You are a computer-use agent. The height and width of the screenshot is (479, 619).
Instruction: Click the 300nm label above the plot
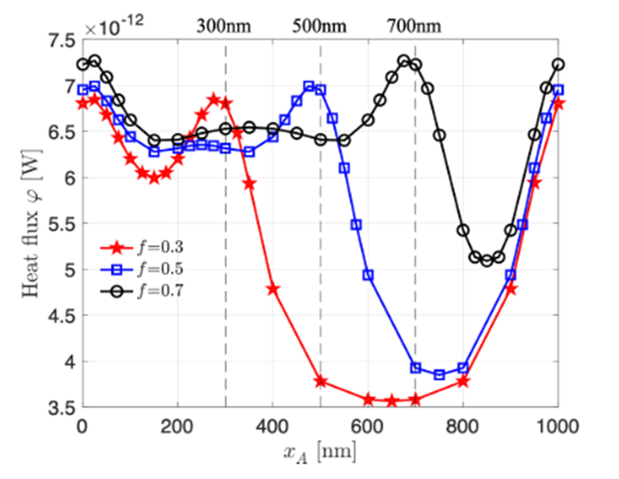point(226,25)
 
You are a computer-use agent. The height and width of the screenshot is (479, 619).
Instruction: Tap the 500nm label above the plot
point(320,25)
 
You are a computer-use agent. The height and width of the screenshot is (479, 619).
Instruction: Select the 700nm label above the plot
point(415,25)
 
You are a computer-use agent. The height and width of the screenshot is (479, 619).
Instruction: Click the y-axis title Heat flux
point(34,224)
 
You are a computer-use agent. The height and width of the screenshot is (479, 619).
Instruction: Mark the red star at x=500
point(320,381)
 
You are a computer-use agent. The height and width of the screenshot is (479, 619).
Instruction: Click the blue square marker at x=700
point(415,368)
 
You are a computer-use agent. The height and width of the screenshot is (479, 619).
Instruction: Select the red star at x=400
point(273,289)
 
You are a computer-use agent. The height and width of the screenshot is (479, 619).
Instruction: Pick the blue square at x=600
point(368,275)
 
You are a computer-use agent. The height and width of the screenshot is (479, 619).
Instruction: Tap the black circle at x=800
point(463,230)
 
